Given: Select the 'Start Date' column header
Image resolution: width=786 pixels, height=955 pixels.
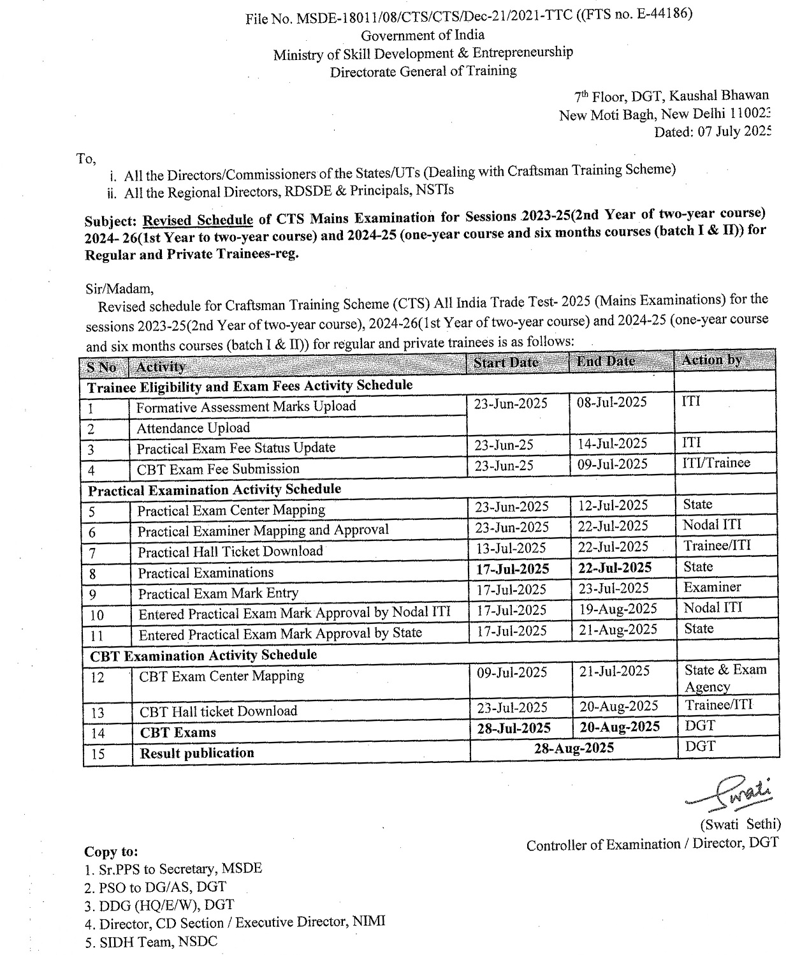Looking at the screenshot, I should [x=506, y=362].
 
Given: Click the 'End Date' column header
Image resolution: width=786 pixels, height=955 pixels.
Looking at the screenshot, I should [x=606, y=361].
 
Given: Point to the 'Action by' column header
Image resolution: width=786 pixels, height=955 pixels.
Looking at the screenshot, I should [x=711, y=360].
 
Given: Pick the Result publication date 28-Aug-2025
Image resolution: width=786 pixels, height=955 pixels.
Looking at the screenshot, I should [x=574, y=748].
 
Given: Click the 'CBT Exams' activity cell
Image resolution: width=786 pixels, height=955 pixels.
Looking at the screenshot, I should [x=178, y=732].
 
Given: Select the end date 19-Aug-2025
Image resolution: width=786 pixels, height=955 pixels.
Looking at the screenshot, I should [x=618, y=609].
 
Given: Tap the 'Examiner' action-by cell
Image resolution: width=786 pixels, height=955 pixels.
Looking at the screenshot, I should [x=712, y=587].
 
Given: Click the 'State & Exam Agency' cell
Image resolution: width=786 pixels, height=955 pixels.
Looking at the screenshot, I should [x=725, y=677].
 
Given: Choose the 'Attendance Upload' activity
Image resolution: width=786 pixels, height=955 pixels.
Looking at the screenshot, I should [x=193, y=427].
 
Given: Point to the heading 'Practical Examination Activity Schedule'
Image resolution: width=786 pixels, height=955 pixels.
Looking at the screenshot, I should [x=215, y=489].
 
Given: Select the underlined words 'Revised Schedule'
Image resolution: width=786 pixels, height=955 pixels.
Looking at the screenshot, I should [x=198, y=220].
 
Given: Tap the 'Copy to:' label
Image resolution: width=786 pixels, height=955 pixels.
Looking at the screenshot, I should [x=111, y=852].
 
